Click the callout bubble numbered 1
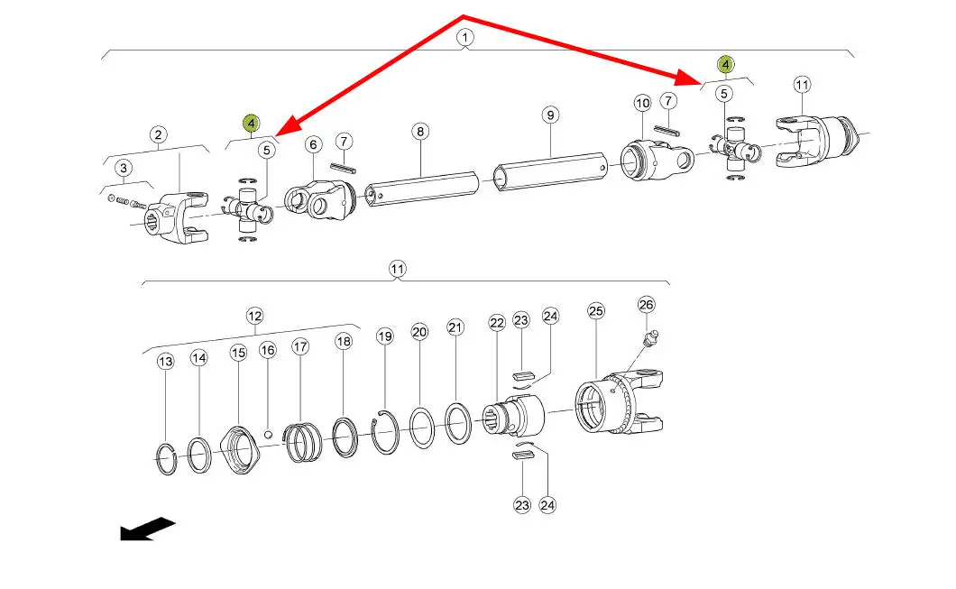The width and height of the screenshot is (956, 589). click(x=464, y=38)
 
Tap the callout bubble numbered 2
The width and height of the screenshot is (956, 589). click(x=159, y=135)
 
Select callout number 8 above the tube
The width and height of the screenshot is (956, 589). click(x=420, y=132)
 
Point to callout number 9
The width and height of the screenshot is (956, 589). click(x=550, y=115)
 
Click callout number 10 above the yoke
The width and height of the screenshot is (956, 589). click(x=642, y=104)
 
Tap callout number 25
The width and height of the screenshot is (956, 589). click(x=595, y=311)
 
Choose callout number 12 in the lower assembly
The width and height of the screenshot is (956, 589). click(x=254, y=316)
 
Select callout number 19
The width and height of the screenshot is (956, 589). click(x=385, y=336)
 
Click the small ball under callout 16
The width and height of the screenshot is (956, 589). click(x=267, y=434)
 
